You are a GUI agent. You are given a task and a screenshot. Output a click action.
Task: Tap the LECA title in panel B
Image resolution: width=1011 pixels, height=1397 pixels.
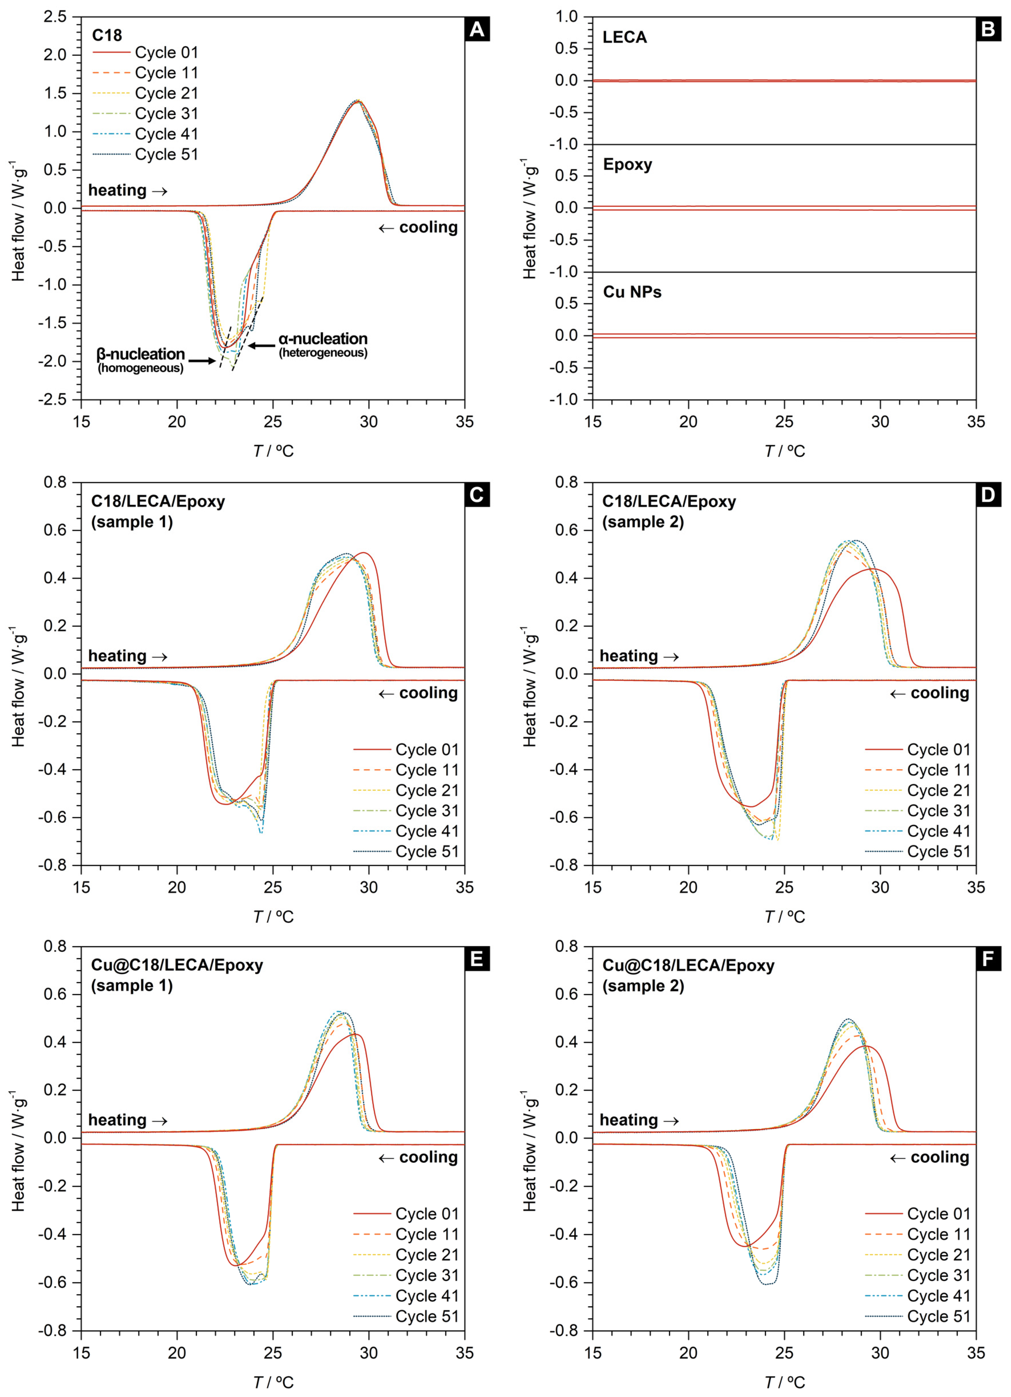(625, 38)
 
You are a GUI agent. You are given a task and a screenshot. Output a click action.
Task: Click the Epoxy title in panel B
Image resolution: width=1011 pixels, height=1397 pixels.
(627, 165)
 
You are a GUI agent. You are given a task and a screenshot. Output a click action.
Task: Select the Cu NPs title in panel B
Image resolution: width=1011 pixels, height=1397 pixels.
(632, 292)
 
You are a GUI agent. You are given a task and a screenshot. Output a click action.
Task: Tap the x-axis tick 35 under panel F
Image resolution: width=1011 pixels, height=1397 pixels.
(976, 1353)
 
